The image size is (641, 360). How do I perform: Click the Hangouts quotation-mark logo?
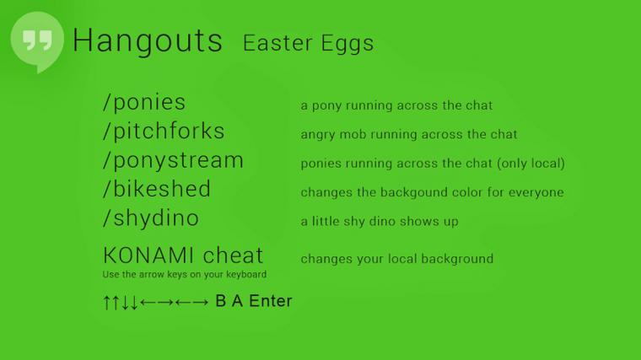coord(37,41)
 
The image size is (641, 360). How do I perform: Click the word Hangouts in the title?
coord(148,40)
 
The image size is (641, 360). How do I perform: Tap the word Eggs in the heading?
coord(347,44)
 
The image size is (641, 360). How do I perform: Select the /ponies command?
coord(144,102)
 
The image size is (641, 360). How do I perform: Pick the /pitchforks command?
coord(164,131)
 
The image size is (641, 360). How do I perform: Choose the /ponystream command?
coord(174,160)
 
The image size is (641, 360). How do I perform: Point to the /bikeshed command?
coord(157,189)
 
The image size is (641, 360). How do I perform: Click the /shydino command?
coord(151,218)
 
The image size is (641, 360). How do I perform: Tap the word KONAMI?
coord(149,255)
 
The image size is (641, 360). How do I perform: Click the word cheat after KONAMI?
coord(233,255)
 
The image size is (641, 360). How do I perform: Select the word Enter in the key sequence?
coord(271,301)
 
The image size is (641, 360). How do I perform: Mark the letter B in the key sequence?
coord(221,301)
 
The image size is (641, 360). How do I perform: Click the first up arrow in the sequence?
coord(107,303)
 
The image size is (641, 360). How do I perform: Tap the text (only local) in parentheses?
coord(531,164)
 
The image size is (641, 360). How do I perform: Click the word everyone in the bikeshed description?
coord(536,193)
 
